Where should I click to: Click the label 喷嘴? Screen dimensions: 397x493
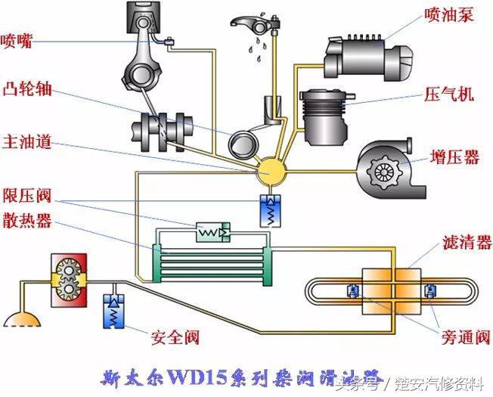(17, 41)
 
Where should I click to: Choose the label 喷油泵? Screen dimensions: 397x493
(448, 14)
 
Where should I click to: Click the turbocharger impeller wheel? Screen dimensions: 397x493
(381, 172)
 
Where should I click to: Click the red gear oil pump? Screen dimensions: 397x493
(67, 280)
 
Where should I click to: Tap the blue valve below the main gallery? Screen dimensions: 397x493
(268, 207)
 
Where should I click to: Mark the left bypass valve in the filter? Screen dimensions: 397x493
(352, 290)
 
